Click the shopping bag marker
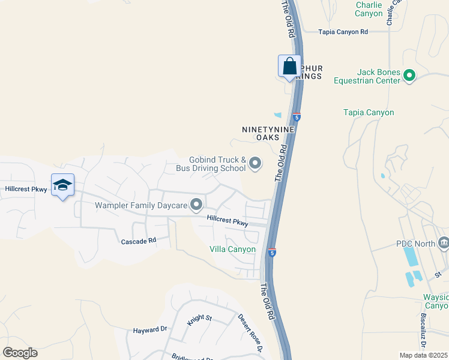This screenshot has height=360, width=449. click(289, 67)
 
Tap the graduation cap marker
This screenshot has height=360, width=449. click(62, 185)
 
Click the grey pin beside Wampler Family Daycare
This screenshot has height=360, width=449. click(196, 206)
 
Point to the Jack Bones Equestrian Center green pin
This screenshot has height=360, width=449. click(409, 76)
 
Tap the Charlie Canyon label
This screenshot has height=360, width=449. click(369, 9)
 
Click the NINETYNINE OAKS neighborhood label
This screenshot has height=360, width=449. click(268, 133)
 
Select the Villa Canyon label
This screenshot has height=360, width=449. click(232, 249)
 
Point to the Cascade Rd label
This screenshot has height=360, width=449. click(139, 240)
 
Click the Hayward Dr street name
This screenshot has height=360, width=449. click(149, 329)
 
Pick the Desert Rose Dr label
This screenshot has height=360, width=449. click(250, 333)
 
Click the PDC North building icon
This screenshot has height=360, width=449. click(444, 243)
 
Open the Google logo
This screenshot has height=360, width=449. click(20, 353)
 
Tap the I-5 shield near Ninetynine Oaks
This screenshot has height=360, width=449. click(297, 116)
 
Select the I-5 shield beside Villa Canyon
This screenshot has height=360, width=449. click(272, 253)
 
